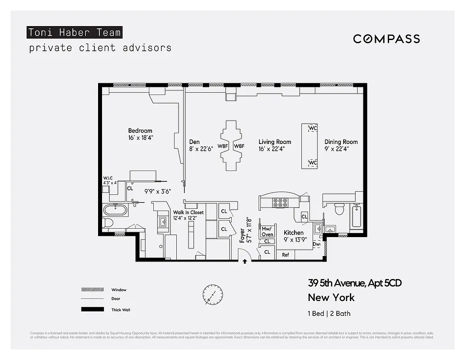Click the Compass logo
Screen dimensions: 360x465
point(386,39)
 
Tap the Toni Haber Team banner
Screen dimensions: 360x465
point(75,32)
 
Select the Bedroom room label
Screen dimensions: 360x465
point(140,131)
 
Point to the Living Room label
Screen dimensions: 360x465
point(275,142)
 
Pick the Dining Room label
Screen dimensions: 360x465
point(341,142)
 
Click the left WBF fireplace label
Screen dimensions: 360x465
point(222,146)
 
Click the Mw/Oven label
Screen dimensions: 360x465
point(267,231)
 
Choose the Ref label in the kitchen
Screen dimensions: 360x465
point(286,255)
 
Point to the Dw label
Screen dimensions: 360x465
point(317,245)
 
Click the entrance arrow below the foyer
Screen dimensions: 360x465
point(245,261)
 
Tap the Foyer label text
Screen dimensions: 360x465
point(242,235)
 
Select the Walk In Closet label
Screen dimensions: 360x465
point(188,212)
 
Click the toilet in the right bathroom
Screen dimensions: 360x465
point(340,209)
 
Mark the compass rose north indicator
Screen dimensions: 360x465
point(213,294)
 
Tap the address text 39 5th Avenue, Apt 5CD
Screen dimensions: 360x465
point(354,283)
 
